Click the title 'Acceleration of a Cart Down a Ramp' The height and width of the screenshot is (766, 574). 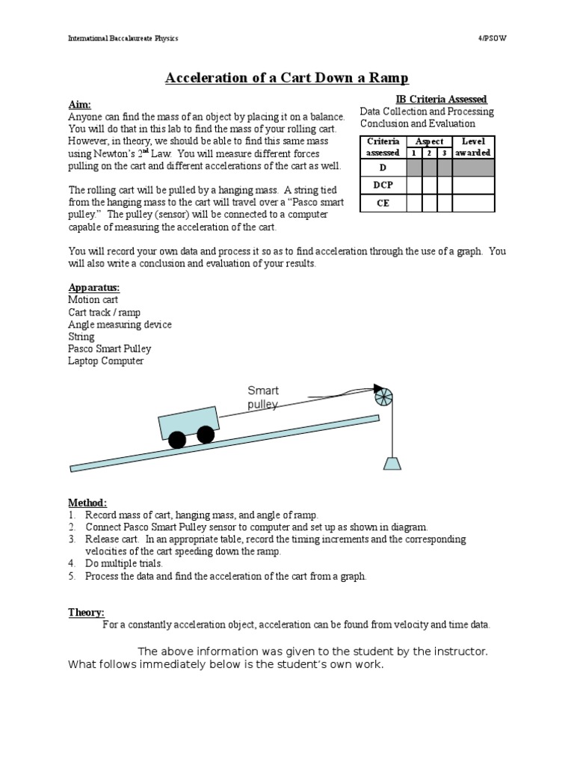pos(286,79)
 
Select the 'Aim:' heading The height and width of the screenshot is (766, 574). pos(79,105)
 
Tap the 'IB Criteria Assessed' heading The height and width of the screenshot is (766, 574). pos(441,99)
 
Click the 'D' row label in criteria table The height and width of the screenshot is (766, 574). pos(383,167)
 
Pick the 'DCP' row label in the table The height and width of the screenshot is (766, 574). pos(383,185)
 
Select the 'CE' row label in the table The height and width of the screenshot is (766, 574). pos(383,203)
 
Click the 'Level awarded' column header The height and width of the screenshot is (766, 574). pos(473,147)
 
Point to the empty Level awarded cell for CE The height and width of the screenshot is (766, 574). pos(473,203)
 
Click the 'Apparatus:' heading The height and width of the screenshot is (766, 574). pos(93,288)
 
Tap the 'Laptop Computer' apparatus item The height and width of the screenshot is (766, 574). pos(105,361)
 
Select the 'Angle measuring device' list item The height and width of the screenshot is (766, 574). pos(120,325)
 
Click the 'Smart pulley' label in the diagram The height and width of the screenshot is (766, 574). pos(263,397)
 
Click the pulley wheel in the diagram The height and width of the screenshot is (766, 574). pos(383,396)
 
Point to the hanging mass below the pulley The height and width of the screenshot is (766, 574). pos(392,462)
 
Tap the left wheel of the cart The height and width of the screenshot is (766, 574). pos(177,440)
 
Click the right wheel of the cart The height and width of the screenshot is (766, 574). pos(205,434)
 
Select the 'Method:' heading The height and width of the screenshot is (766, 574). pos(87,503)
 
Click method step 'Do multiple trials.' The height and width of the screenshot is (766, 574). pos(123,563)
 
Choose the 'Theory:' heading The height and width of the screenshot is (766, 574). pos(86,612)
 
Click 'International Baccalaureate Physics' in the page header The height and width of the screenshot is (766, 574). pos(123,37)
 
